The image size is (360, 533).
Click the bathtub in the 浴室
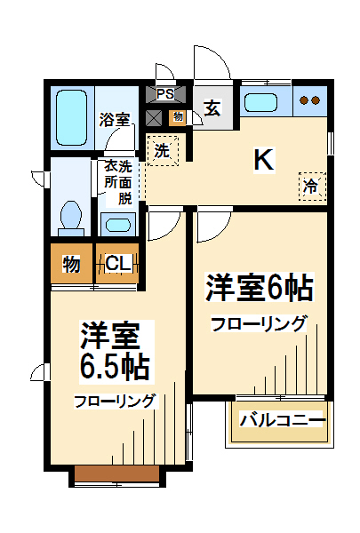coord(70,117)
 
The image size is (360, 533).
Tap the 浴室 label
coord(114,119)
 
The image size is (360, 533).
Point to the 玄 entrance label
coord(212,108)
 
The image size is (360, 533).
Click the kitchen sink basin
coord(263,100)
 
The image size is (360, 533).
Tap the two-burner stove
coord(309,100)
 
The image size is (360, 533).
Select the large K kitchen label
coord(264,160)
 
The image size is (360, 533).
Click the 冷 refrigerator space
coord(311,187)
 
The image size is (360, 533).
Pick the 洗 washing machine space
coord(162,151)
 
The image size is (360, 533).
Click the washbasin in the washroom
coord(116,222)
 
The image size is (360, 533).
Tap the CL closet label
coord(117,264)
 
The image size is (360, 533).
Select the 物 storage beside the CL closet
coord(71,264)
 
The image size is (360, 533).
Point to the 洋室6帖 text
coord(260,289)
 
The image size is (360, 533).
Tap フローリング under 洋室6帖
coord(259,323)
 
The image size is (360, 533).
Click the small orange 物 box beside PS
coord(178,116)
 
